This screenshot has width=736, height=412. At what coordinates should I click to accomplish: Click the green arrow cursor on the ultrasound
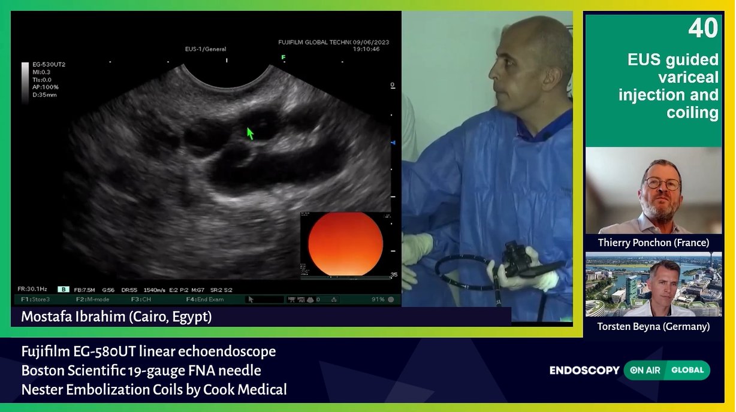point(250,133)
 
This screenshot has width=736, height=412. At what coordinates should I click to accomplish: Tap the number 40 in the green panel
point(702,28)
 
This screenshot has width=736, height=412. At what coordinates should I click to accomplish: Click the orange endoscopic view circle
point(345,244)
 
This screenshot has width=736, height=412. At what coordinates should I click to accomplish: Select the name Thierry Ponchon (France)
point(653,243)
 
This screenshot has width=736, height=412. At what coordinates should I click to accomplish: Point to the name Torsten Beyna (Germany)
point(653,326)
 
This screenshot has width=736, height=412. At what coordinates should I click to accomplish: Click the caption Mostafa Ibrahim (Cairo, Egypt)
point(116,316)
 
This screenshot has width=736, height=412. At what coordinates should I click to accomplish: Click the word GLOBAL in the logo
point(687,370)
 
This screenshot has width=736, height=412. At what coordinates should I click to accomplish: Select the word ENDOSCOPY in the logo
point(584,371)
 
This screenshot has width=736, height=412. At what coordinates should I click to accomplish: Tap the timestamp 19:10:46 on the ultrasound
point(366,49)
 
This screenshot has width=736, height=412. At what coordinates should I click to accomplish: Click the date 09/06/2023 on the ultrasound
point(371,42)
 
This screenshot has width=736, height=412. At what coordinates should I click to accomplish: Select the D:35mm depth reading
point(45,95)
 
